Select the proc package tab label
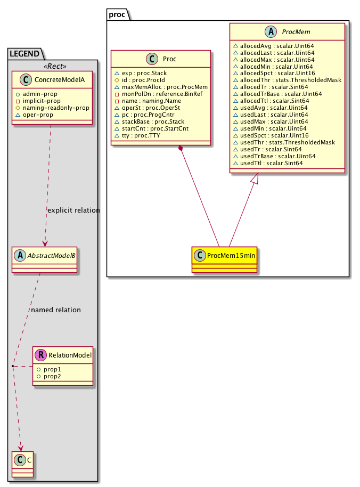coord(117,14)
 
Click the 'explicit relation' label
coord(73,210)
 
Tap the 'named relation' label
coord(56,310)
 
